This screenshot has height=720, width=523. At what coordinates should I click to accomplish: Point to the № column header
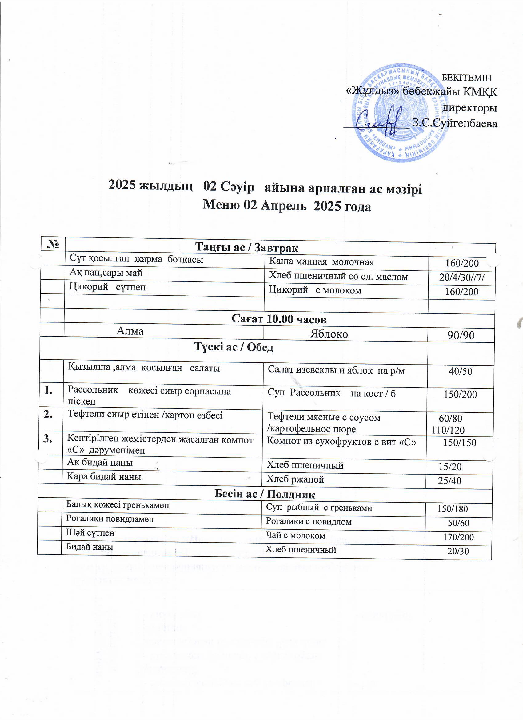click(53, 244)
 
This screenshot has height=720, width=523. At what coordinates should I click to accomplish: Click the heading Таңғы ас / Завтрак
click(247, 247)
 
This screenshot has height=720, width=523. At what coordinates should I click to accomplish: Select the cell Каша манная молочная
click(321, 262)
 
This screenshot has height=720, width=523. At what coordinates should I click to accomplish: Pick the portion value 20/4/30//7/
click(462, 277)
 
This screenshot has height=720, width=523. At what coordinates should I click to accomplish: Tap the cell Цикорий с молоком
click(315, 290)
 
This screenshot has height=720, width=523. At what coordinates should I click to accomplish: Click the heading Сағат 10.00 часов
click(279, 319)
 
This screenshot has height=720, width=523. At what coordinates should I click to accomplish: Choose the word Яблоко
click(329, 334)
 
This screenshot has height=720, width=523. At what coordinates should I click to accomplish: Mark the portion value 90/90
click(461, 335)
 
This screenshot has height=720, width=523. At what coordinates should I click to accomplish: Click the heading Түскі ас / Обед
click(234, 347)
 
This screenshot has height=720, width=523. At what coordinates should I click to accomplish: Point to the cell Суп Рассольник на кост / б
click(331, 393)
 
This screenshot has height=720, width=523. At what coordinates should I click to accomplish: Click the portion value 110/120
click(448, 430)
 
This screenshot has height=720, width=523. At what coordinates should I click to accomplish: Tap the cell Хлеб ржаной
click(295, 479)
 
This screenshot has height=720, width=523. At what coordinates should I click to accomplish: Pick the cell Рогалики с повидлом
click(308, 521)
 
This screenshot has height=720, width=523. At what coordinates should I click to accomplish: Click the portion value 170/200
click(458, 537)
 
